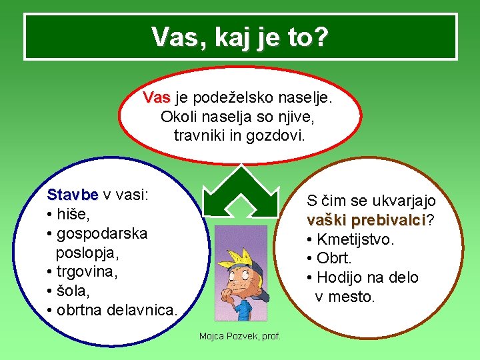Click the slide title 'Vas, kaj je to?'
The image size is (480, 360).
pyautogui.click(x=240, y=37)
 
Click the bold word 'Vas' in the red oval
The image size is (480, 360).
pyautogui.click(x=157, y=99)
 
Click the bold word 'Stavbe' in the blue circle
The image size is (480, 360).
pyautogui.click(x=73, y=195)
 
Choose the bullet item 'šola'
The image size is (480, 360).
pyautogui.click(x=73, y=291)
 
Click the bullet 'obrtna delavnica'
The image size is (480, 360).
pyautogui.click(x=117, y=311)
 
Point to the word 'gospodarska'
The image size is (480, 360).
pyautogui.click(x=102, y=234)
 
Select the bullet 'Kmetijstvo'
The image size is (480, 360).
pyautogui.click(x=355, y=239)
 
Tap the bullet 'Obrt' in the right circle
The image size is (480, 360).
pyautogui.click(x=343, y=258)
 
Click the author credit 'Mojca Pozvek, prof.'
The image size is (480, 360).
pyautogui.click(x=240, y=336)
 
